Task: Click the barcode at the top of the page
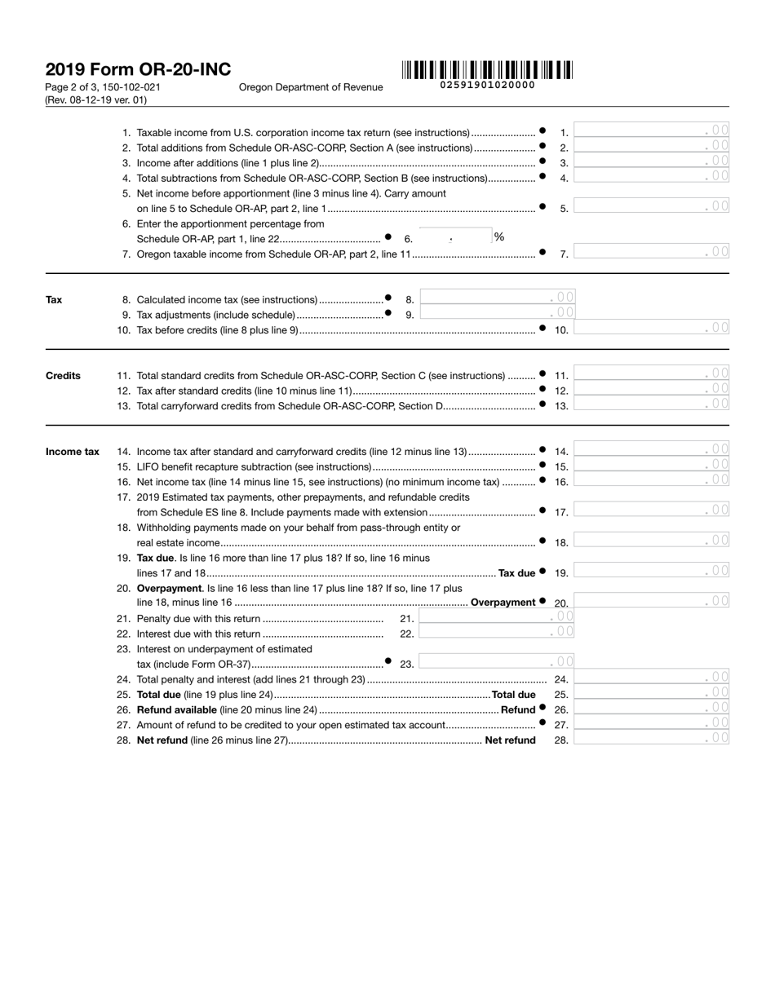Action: [x=487, y=70]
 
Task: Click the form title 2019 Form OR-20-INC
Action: [x=138, y=70]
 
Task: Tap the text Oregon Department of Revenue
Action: [x=311, y=87]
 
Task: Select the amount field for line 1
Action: [x=651, y=132]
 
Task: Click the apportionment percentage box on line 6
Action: [x=454, y=237]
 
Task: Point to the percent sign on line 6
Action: [x=498, y=237]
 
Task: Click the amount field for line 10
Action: [x=651, y=329]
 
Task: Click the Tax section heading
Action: [x=54, y=300]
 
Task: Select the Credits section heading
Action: [x=63, y=376]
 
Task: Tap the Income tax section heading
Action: [x=72, y=452]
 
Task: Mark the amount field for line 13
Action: [x=651, y=405]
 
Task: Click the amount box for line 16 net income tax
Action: [x=651, y=481]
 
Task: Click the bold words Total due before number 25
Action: [x=513, y=695]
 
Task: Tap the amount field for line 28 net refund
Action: [x=651, y=740]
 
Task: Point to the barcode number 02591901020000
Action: [x=487, y=85]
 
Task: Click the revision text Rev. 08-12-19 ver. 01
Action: [x=96, y=100]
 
